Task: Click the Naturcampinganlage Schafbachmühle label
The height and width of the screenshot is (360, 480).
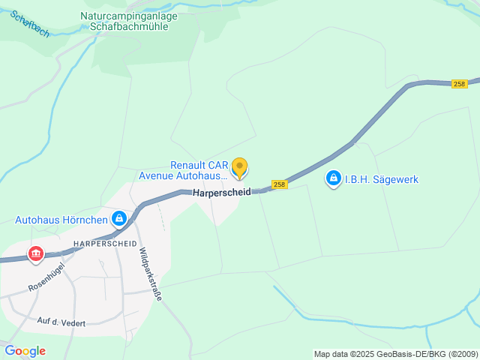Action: coord(129,20)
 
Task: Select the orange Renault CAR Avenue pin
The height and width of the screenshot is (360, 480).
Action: coord(239,168)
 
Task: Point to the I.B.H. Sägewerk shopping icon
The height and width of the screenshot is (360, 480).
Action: coord(333,179)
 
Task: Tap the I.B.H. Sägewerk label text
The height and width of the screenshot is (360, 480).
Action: coord(381,180)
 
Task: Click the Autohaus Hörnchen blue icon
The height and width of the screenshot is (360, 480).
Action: coord(118,219)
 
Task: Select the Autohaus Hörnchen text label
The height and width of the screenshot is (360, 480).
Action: coord(61,220)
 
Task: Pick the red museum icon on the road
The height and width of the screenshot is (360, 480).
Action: coord(35,254)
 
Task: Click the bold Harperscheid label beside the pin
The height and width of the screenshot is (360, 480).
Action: coord(221,193)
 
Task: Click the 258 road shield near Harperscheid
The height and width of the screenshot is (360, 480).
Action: coord(279,184)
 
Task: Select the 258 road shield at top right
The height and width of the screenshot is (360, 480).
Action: coord(460,84)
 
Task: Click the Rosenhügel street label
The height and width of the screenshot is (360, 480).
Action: coord(46,277)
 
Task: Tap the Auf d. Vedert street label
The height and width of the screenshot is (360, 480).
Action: coord(61,322)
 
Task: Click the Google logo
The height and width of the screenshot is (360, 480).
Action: coord(25,351)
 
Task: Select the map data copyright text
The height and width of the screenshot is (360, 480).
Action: coord(395,354)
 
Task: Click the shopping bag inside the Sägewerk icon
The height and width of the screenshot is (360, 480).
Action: coord(333,179)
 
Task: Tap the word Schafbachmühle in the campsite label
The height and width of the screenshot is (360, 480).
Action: coord(129,26)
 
